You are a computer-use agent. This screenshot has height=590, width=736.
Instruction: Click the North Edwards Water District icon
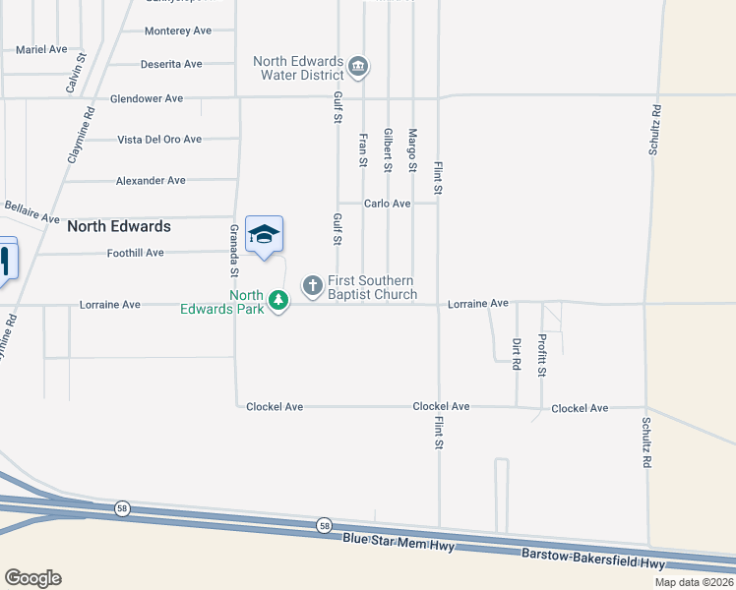357,68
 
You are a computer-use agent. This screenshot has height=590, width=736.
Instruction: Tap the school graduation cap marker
264,234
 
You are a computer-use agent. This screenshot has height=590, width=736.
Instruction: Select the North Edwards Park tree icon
279,301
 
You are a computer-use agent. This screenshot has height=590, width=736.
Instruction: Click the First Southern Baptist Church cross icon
313,286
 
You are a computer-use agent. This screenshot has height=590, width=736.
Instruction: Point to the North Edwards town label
119,226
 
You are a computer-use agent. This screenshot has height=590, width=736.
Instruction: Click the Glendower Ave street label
147,98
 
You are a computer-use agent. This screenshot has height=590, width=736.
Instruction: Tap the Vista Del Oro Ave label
159,140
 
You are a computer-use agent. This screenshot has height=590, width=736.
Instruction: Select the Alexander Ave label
151,181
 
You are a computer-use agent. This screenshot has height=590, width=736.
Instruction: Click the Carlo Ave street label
387,204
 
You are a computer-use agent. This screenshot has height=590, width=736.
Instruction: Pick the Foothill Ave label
135,253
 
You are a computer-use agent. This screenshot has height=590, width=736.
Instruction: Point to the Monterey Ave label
178,30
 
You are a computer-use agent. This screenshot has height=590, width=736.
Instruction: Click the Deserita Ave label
172,64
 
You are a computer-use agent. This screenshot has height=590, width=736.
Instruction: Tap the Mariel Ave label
41,48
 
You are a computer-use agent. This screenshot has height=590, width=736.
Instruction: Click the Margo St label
413,147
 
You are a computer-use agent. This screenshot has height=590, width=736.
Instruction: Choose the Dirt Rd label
516,353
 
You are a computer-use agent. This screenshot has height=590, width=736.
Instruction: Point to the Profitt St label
542,355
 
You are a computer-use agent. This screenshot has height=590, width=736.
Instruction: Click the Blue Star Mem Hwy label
398,539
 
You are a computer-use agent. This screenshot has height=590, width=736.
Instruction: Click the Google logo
32,578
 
